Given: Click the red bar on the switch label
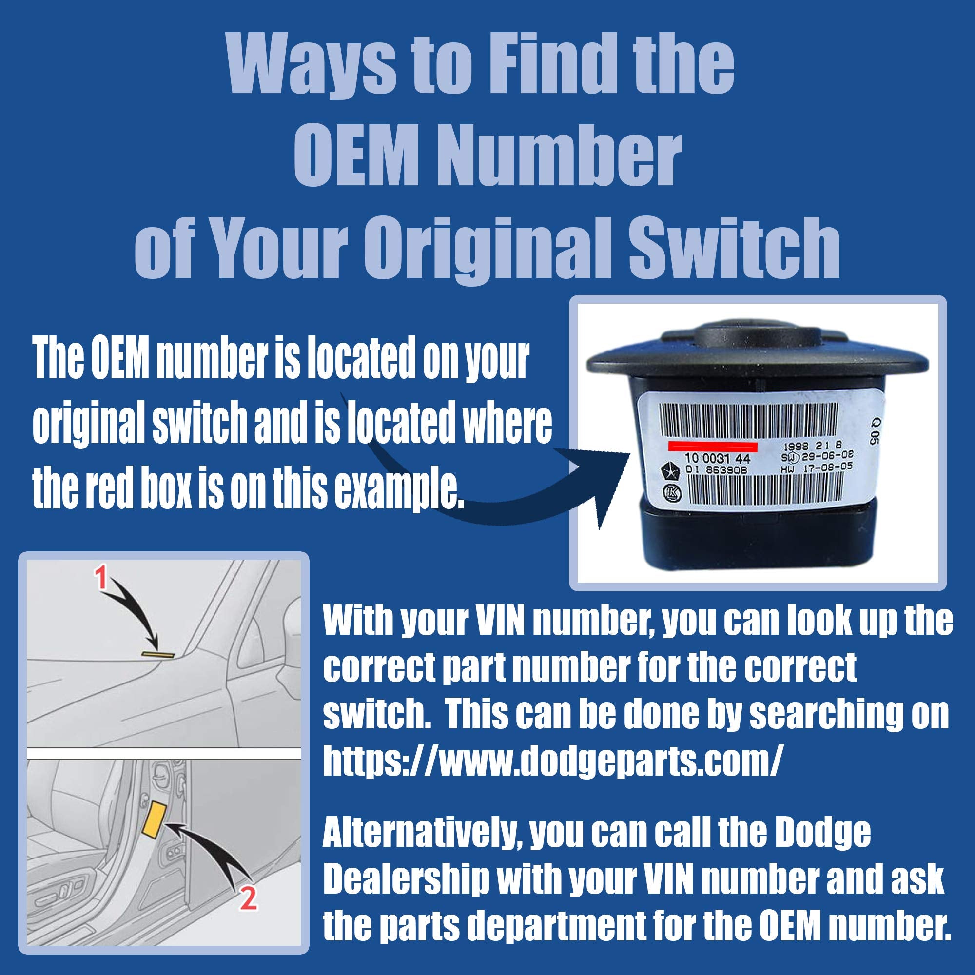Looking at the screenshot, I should pyautogui.click(x=712, y=447).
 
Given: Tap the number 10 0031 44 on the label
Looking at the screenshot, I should pyautogui.click(x=717, y=459).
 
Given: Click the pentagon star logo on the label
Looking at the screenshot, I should pyautogui.click(x=667, y=469).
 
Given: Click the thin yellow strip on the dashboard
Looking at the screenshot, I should pyautogui.click(x=158, y=655).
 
